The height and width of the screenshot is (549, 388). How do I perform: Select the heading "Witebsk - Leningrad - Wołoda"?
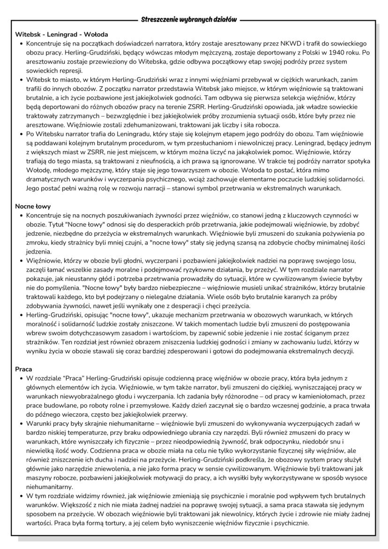[x=61, y=35]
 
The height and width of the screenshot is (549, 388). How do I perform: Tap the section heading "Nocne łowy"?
[x=33, y=206]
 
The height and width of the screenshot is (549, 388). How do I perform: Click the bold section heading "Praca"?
[x=23, y=369]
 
